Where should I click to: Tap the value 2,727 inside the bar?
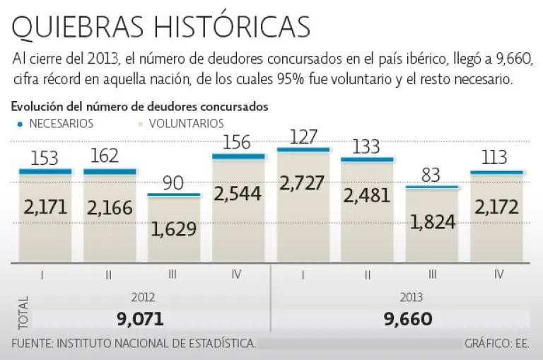[x=302, y=183]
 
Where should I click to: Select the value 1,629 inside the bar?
[x=173, y=228]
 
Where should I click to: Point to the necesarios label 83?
[x=431, y=175]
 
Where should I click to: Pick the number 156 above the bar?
[x=237, y=142]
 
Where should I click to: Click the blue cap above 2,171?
[x=45, y=171]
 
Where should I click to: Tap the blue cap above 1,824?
[x=431, y=187]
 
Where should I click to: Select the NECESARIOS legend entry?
[x=57, y=123]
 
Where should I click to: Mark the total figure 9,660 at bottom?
[x=407, y=319]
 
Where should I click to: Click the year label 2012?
[x=142, y=298]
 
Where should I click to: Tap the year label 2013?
[x=407, y=298]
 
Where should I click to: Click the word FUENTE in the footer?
[x=31, y=344]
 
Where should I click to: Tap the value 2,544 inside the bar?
[x=238, y=192]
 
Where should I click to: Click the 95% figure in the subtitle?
[x=290, y=79]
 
